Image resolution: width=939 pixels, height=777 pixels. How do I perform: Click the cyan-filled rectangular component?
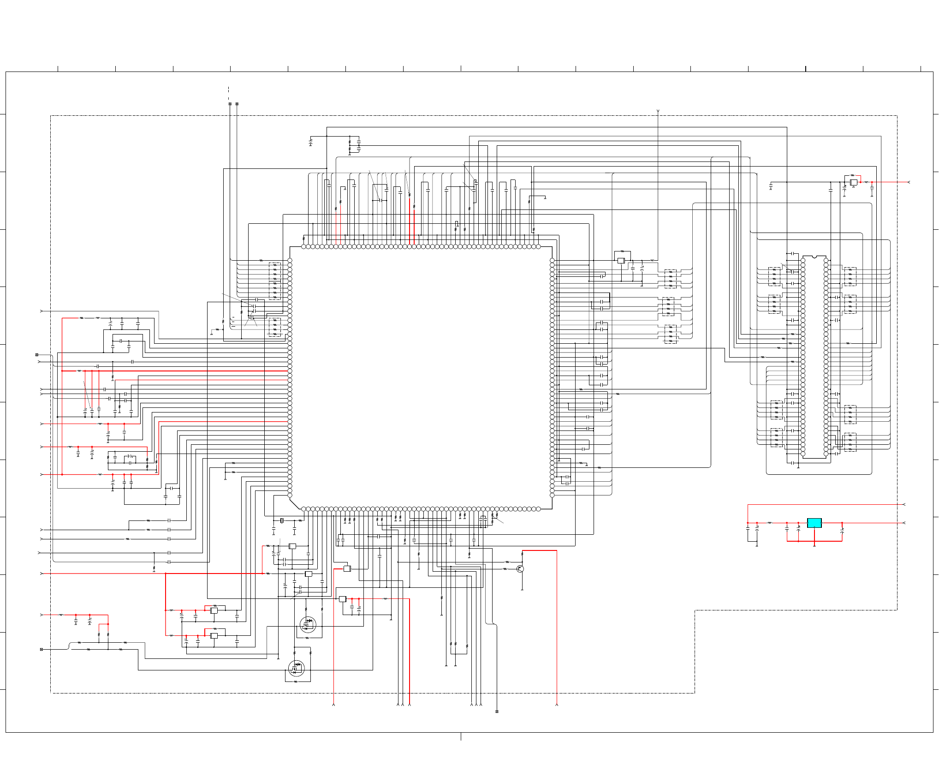point(814,523)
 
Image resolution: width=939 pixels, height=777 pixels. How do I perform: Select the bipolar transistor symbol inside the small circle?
point(520,569)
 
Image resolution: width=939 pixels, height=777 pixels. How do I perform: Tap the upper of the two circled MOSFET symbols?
point(308,624)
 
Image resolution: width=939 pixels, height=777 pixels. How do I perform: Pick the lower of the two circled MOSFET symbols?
point(296,668)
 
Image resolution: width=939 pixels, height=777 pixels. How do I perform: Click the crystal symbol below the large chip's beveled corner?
point(281,520)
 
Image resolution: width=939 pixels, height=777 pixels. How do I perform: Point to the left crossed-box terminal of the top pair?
point(230,104)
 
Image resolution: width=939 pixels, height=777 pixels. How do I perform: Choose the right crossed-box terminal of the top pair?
point(237,104)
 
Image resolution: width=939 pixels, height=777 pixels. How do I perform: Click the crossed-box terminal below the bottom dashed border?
point(497,711)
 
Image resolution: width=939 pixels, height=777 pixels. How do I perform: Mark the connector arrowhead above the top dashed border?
point(658,111)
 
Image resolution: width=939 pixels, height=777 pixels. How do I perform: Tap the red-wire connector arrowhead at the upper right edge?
point(909,182)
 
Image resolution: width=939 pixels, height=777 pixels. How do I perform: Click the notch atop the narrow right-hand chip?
point(814,257)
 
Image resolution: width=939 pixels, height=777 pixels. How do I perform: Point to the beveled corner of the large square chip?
point(295,503)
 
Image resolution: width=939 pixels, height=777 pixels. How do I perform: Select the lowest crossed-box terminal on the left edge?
point(42,649)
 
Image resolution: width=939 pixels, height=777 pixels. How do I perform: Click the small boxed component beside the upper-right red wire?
point(854,182)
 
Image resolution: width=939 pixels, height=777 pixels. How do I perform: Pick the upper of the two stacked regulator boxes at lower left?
point(214,610)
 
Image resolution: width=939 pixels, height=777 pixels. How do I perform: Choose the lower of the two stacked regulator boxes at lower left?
point(214,635)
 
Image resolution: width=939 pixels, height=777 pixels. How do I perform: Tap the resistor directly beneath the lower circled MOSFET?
point(296,681)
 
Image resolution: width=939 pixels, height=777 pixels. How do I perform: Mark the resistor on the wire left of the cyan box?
point(770,523)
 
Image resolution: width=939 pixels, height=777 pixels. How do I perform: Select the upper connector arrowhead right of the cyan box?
point(904,504)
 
